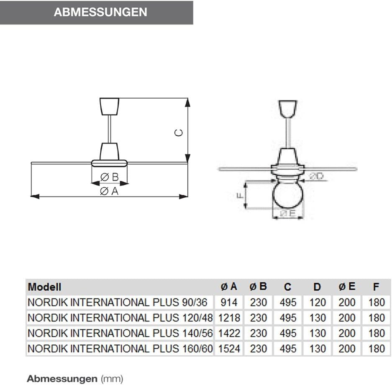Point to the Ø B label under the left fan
110,178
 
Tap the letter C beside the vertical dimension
179,133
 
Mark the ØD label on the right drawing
316,176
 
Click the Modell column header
44,287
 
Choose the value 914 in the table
229,302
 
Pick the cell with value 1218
229,318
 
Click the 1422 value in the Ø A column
229,333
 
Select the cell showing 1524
229,348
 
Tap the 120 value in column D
318,302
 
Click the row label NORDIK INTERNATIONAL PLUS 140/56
120,333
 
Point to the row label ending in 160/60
120,348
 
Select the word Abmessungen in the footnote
62,379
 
